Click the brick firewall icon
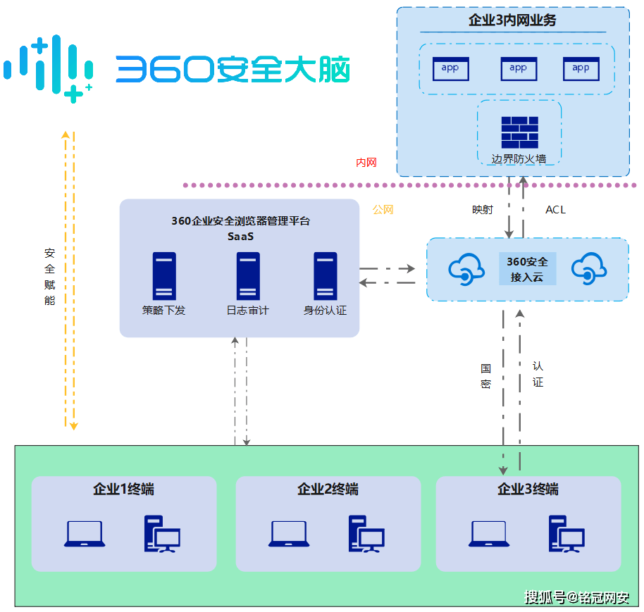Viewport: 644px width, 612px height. [519, 132]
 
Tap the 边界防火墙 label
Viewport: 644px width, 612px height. [519, 158]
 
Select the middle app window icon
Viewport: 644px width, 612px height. [519, 68]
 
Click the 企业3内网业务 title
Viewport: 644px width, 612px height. [512, 20]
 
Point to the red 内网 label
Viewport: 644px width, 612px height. [366, 163]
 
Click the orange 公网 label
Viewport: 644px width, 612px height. [383, 210]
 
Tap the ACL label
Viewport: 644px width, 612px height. [555, 210]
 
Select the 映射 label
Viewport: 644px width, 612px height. [483, 210]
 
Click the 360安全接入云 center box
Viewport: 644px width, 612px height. [527, 269]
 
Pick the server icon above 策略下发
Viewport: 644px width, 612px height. [164, 276]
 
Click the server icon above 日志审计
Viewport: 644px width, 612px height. [248, 276]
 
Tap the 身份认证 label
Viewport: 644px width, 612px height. [325, 311]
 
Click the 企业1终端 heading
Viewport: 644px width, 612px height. [123, 489]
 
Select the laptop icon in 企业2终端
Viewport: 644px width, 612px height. [289, 534]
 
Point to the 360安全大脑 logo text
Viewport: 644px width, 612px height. [233, 70]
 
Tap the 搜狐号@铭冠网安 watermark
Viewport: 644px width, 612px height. [577, 598]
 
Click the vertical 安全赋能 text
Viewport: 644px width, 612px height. [49, 276]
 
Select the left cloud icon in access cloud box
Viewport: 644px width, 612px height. [466, 269]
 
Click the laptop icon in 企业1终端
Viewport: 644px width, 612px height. [85, 534]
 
